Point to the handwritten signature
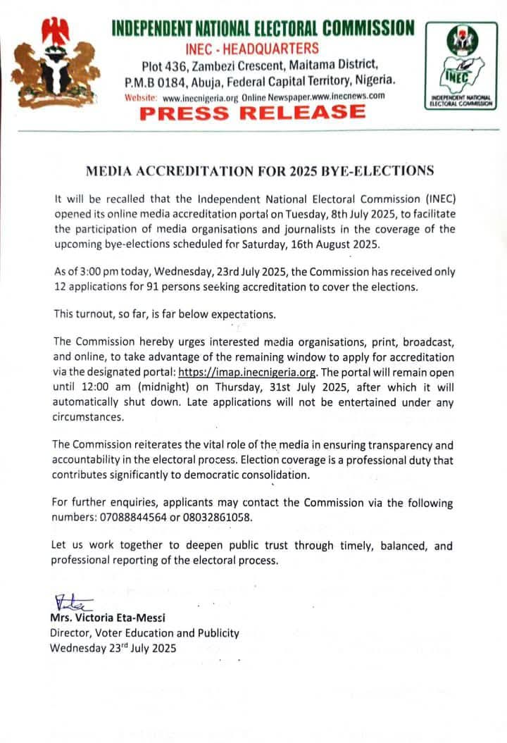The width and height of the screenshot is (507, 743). tap(73, 602)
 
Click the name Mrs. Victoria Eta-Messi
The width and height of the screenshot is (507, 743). tap(107, 618)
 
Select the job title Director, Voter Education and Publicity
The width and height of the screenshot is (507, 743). tap(144, 632)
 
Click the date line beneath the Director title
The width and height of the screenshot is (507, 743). tap(113, 648)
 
